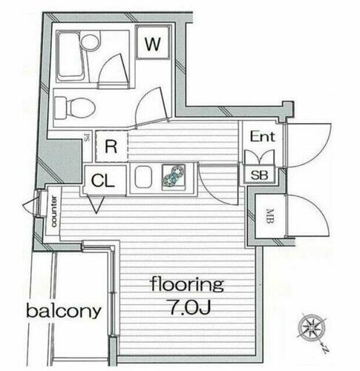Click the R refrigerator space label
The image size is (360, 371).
[110, 146]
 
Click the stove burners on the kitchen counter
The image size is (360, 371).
[176, 176]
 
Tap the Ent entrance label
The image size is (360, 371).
[262, 137]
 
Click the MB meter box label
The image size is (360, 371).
[268, 217]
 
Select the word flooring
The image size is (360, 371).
[186, 284]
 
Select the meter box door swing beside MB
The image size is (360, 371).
[306, 215]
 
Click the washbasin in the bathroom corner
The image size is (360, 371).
[90, 43]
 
